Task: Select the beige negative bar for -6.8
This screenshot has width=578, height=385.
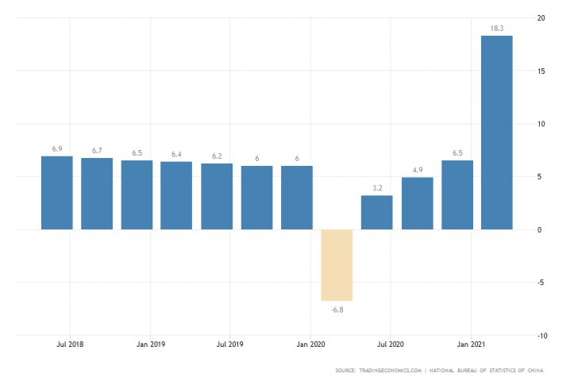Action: click(337, 264)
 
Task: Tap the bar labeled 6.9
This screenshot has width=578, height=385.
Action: click(56, 193)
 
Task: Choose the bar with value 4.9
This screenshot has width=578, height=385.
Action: click(417, 203)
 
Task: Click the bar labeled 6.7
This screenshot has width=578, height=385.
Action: click(97, 194)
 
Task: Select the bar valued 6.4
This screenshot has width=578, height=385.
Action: click(176, 195)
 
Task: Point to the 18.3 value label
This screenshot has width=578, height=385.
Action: click(497, 28)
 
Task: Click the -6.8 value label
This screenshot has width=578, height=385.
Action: click(337, 309)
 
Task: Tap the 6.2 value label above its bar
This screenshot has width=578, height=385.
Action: click(217, 156)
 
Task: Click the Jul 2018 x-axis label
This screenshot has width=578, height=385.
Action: click(70, 345)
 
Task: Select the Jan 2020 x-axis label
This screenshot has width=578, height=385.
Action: click(310, 345)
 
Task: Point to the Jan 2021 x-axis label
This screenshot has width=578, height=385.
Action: click(471, 345)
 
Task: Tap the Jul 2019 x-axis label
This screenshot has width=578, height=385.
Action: click(230, 345)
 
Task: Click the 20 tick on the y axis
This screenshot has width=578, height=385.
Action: click(540, 17)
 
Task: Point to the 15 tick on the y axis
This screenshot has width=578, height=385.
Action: click(540, 71)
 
